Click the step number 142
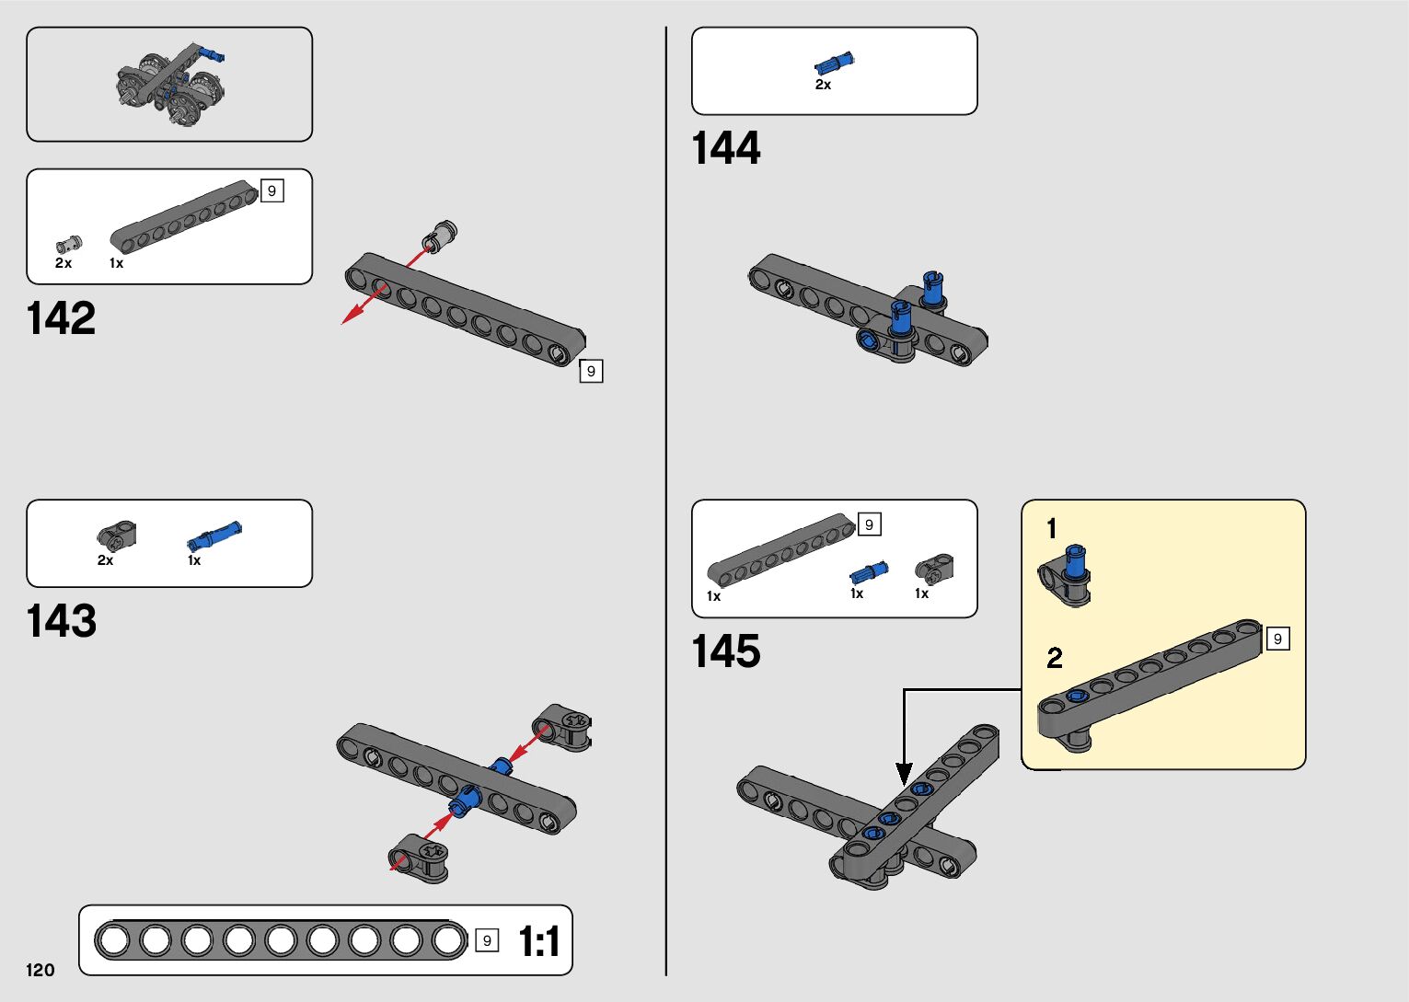(x=62, y=318)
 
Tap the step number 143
(x=62, y=621)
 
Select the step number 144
(x=726, y=148)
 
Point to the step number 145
(x=726, y=651)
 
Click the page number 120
(x=40, y=970)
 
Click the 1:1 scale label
(x=538, y=941)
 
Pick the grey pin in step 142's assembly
(x=440, y=236)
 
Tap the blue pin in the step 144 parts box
(x=834, y=63)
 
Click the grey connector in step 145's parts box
(x=934, y=568)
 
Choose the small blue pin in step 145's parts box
(x=869, y=572)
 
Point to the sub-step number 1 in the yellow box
(x=1052, y=529)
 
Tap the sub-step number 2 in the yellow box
(x=1055, y=658)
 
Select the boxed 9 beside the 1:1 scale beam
(x=487, y=940)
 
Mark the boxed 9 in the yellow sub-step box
(x=1277, y=639)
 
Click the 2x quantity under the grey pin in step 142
(x=64, y=263)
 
